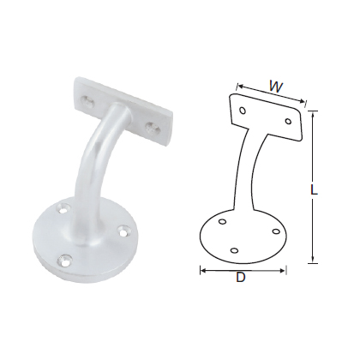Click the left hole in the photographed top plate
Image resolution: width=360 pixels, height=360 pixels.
86,101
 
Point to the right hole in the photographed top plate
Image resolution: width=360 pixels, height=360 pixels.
153,127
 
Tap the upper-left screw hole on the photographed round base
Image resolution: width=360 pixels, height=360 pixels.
63,207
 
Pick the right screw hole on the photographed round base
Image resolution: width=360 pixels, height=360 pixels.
125,230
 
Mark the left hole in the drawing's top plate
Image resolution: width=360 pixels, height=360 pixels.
244,111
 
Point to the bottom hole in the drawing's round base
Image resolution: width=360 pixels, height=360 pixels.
234,251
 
